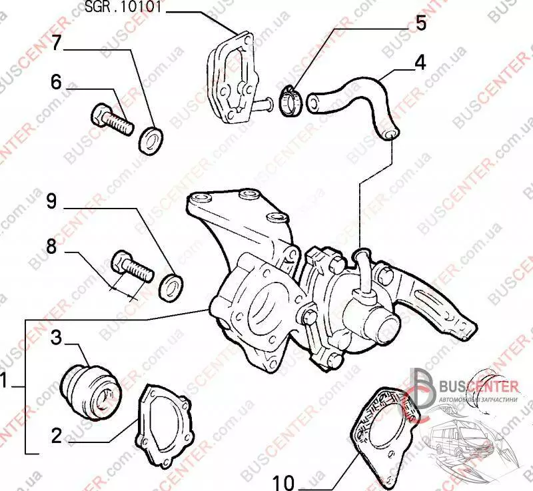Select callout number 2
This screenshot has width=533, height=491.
pyautogui.click(x=56, y=436)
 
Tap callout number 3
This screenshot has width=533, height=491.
pyautogui.click(x=56, y=338)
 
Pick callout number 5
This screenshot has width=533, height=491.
pyautogui.click(x=420, y=22)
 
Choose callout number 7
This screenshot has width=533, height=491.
pyautogui.click(x=57, y=42)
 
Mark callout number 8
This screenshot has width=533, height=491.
pyautogui.click(x=57, y=246)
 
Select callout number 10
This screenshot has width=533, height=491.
pyautogui.click(x=284, y=480)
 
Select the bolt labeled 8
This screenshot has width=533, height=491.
pyautogui.click(x=133, y=266)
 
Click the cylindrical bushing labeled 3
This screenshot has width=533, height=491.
pyautogui.click(x=90, y=389)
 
